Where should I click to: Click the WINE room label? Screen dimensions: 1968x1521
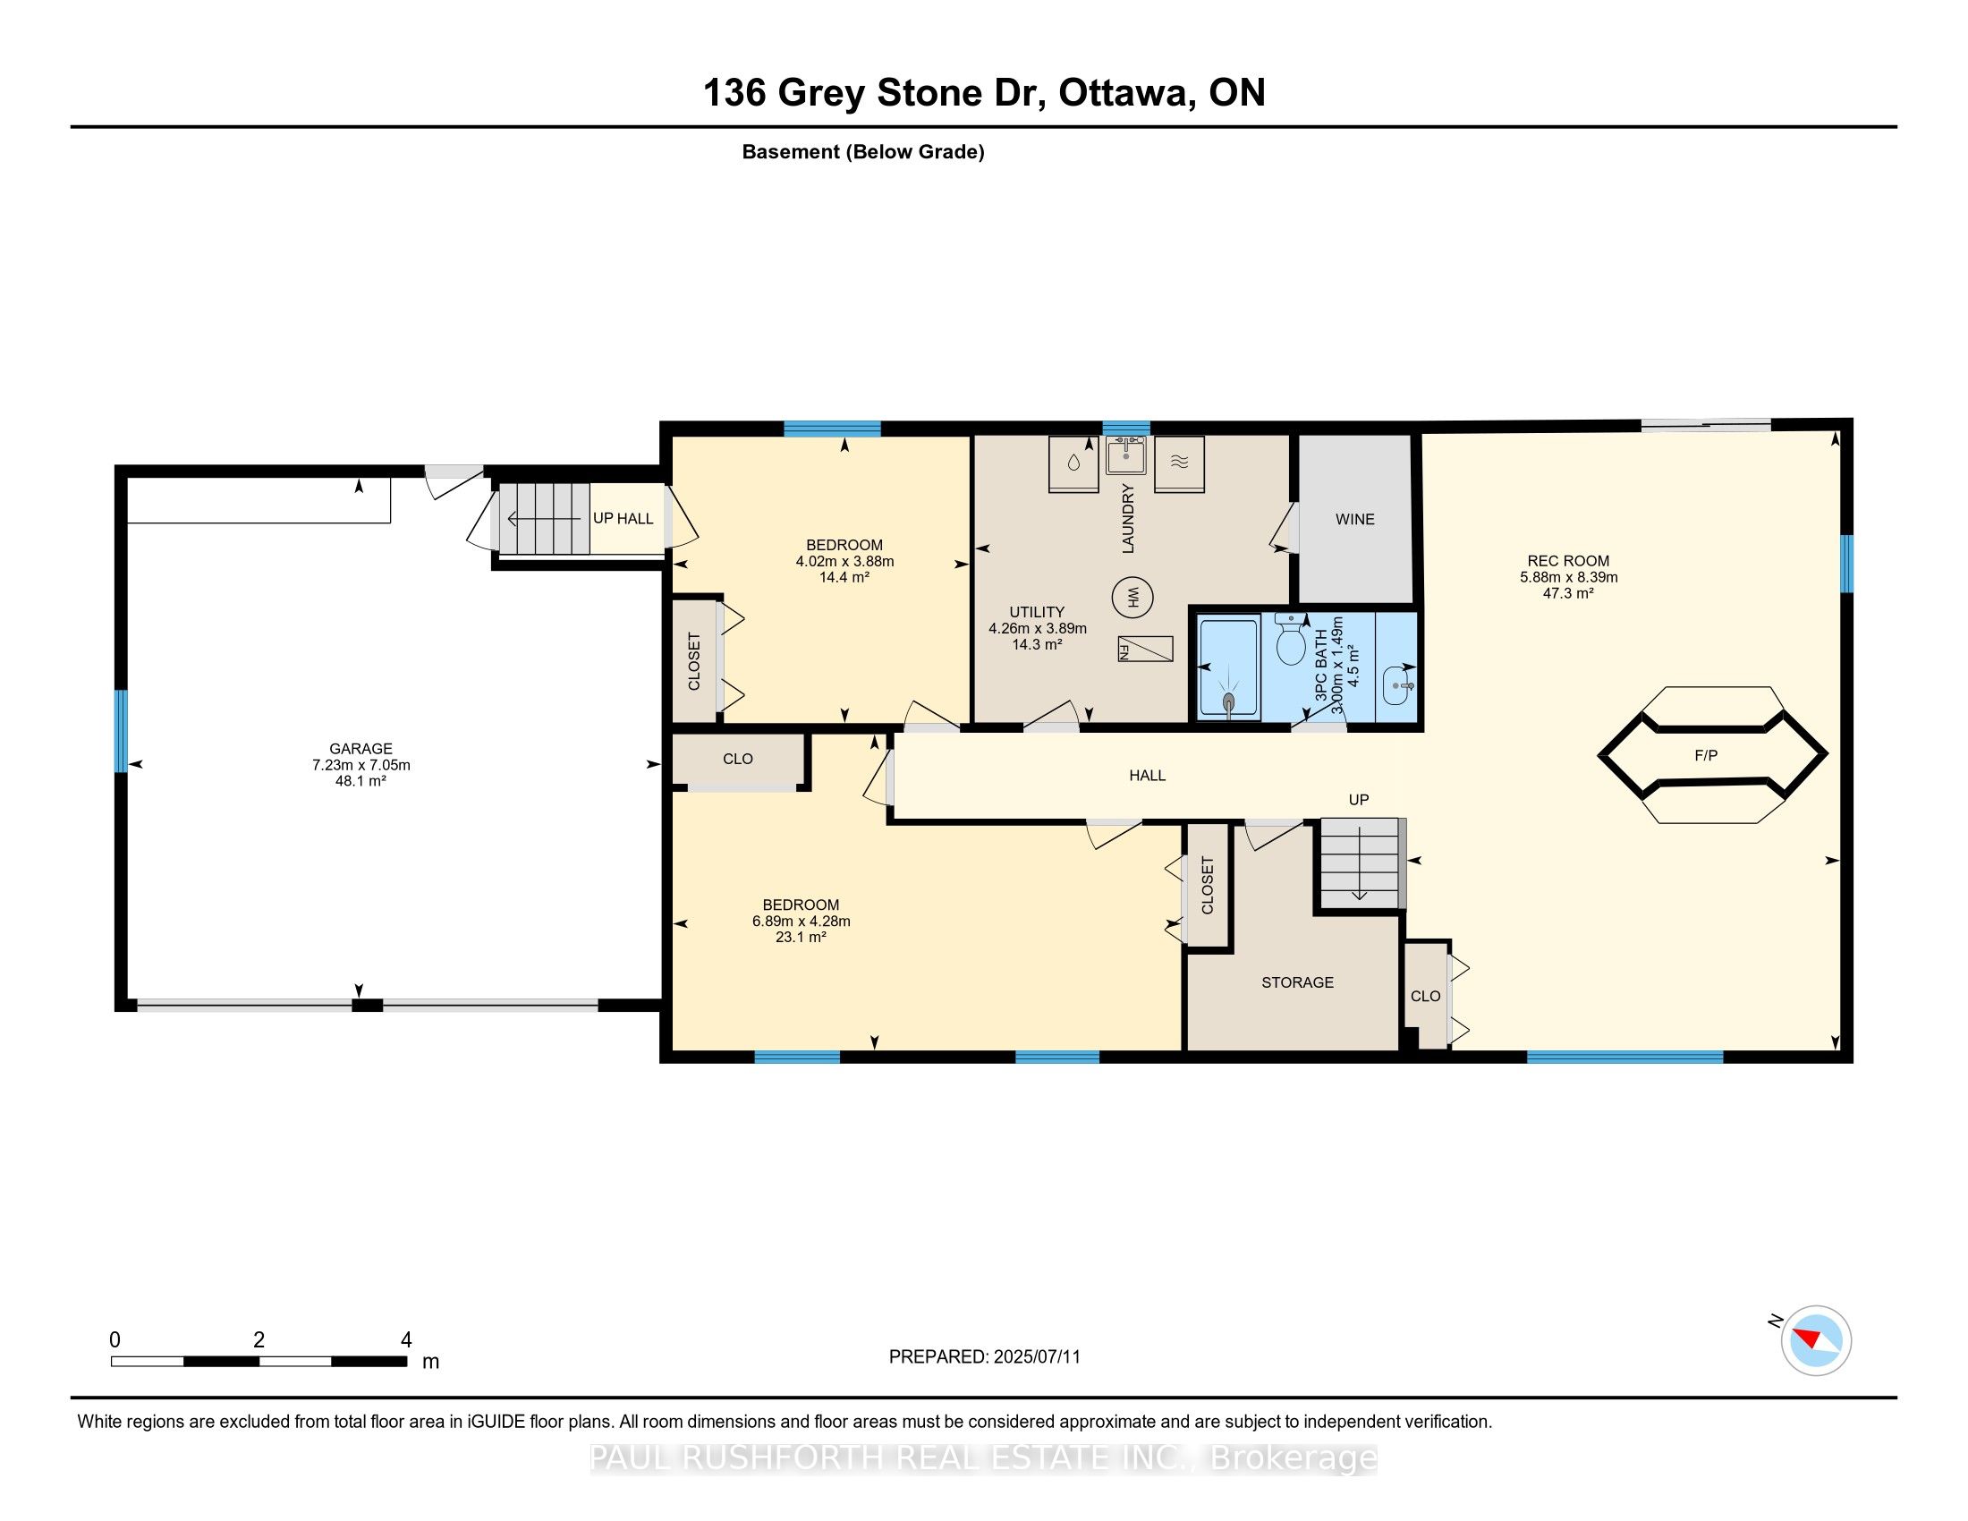1354,519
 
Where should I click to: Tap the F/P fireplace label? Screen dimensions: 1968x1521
1706,755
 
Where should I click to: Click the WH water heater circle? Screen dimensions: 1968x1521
1132,597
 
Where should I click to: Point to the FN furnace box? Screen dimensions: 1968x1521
1145,649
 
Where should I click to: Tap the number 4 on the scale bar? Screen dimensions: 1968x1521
406,1340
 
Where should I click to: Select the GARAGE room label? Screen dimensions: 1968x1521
361,749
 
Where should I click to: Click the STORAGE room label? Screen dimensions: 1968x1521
1297,982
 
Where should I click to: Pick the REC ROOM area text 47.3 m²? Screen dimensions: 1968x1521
1568,593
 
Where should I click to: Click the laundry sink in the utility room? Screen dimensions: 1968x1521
1126,456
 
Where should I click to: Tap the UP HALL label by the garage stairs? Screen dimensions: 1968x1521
623,518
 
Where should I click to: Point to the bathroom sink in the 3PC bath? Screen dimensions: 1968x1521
1397,686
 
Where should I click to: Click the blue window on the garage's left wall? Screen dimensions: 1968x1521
121,731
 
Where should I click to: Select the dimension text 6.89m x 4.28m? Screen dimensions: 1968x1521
802,921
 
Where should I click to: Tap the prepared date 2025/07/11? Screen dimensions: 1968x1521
1036,1357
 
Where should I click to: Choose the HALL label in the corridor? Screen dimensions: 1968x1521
1147,775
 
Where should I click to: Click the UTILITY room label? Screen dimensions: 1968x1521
1037,612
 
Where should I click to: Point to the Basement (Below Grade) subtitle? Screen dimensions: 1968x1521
863,152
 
